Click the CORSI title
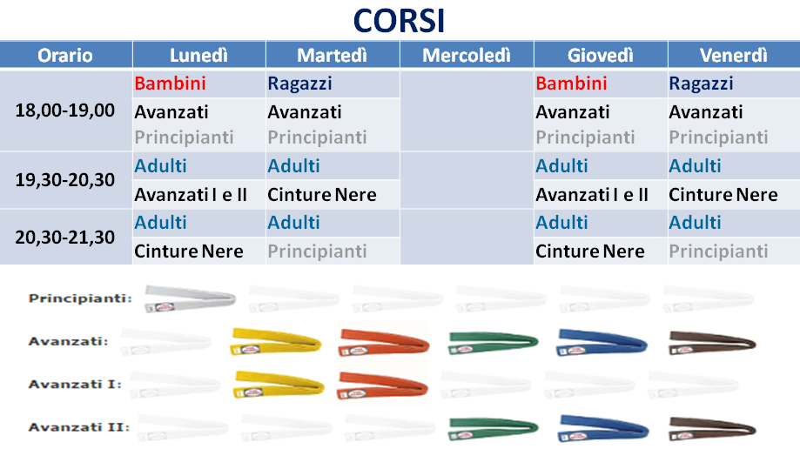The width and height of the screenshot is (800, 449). point(399,21)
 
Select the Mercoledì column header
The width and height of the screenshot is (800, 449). point(467,55)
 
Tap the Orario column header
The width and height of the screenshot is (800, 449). point(65,55)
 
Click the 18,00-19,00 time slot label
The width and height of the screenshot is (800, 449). point(64,111)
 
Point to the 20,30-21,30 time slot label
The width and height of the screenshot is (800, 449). point(64,238)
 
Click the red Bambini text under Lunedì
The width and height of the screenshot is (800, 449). point(170,84)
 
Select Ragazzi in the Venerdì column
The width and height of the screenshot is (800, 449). point(701,84)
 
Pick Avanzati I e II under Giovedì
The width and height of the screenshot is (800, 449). point(592,194)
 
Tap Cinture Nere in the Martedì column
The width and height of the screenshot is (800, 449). point(322,194)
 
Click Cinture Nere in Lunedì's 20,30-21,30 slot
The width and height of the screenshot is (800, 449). point(189,251)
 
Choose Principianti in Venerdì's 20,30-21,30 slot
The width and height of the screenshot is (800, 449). point(718,251)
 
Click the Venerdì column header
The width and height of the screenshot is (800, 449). point(733,55)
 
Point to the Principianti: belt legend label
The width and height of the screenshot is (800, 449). point(80,298)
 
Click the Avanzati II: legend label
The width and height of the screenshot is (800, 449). point(79,427)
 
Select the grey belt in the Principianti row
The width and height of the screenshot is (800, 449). point(190,298)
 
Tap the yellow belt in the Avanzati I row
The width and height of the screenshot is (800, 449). point(279,385)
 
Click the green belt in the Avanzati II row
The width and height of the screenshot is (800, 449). point(493,429)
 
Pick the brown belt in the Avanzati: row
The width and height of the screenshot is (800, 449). point(712,342)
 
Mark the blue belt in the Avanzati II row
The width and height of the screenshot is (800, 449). point(603,427)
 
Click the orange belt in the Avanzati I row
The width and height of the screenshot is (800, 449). point(383,385)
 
